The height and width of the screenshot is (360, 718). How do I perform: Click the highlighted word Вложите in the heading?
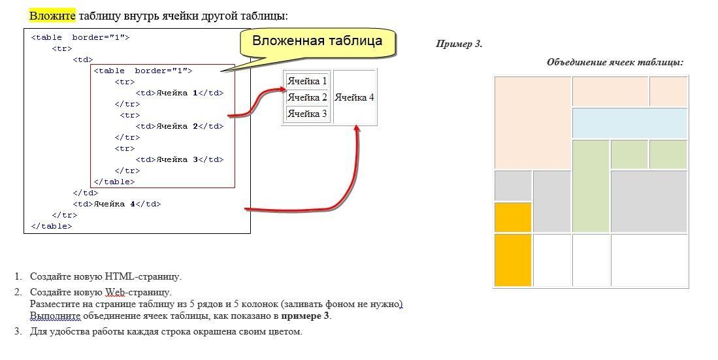click(52, 16)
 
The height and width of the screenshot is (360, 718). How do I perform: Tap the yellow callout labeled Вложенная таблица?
click(318, 42)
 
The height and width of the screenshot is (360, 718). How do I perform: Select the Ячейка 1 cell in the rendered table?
click(307, 81)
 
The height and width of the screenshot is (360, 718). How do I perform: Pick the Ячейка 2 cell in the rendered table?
click(307, 97)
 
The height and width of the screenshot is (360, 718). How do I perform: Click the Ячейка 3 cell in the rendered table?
click(307, 114)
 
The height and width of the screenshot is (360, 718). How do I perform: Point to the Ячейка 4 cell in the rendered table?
click(354, 97)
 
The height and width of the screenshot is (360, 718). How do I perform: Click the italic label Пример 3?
click(459, 44)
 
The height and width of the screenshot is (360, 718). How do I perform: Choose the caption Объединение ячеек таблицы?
click(615, 63)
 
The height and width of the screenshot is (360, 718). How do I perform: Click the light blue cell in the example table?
click(630, 123)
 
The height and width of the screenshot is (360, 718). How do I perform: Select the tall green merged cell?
click(591, 186)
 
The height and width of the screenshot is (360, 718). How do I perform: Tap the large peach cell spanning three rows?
click(532, 123)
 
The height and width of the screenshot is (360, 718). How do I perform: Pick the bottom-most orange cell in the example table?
click(513, 260)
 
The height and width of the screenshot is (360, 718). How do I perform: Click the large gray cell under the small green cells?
click(649, 201)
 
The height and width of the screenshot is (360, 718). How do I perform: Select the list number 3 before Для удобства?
click(18, 331)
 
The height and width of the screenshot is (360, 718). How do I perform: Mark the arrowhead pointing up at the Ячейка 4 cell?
click(357, 129)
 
